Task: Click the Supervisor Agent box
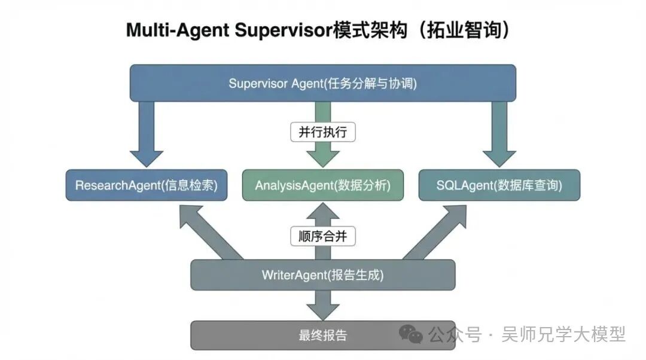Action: click(x=323, y=83)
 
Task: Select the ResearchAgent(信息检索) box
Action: click(x=146, y=185)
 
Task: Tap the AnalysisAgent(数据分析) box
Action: click(x=323, y=185)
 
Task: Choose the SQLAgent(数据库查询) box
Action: click(x=499, y=185)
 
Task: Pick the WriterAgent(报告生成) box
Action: click(x=323, y=275)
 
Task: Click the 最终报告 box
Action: click(x=323, y=335)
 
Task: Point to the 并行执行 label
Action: click(x=323, y=132)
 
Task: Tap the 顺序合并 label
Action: click(x=323, y=236)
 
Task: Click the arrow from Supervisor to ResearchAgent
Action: click(x=146, y=135)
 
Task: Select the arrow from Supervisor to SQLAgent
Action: click(x=499, y=135)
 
